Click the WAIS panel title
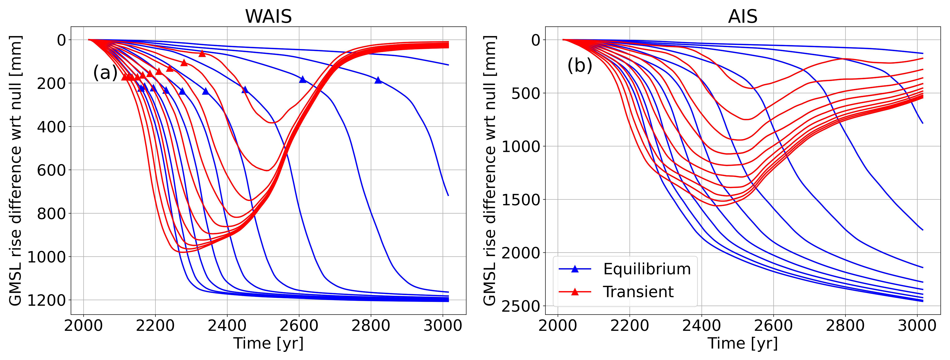point(268,16)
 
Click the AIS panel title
point(742,16)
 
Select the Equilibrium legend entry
point(647,269)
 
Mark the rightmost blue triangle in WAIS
point(378,80)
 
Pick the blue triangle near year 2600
point(303,79)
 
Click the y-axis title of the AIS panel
point(489,171)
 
